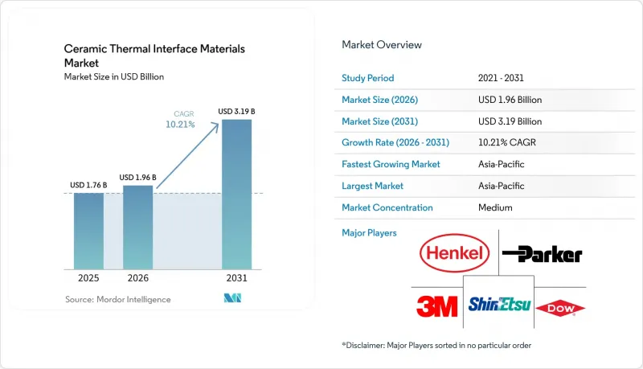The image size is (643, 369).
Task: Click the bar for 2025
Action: pyautogui.click(x=88, y=231)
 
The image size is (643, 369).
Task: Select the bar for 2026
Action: pyautogui.click(x=137, y=228)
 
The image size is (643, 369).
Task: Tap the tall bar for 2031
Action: pyautogui.click(x=236, y=195)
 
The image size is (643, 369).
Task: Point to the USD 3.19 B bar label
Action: pyautogui.click(x=236, y=112)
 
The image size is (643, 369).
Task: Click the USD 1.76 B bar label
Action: pyautogui.click(x=88, y=186)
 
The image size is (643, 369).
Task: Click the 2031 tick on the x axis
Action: pyautogui.click(x=236, y=278)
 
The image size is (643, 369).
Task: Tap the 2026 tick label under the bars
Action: pyautogui.click(x=137, y=278)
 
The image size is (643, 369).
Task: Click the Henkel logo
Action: pyautogui.click(x=454, y=253)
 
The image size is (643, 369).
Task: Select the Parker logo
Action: pyautogui.click(x=542, y=254)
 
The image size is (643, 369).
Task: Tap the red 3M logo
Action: pyautogui.click(x=436, y=306)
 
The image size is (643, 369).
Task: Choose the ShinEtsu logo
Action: pyautogui.click(x=499, y=304)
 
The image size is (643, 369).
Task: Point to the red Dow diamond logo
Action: pyautogui.click(x=560, y=309)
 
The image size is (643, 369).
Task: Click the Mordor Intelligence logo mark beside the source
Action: pyautogui.click(x=232, y=298)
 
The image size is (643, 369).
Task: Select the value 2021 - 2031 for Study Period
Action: pyautogui.click(x=501, y=78)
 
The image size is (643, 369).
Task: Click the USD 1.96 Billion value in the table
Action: pyautogui.click(x=510, y=100)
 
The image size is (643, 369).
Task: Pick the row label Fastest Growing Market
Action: pyautogui.click(x=391, y=165)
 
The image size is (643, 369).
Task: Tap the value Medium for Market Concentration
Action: pyautogui.click(x=495, y=207)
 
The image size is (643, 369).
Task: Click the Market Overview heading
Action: pyautogui.click(x=382, y=45)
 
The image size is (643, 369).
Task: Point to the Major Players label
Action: pyautogui.click(x=369, y=233)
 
